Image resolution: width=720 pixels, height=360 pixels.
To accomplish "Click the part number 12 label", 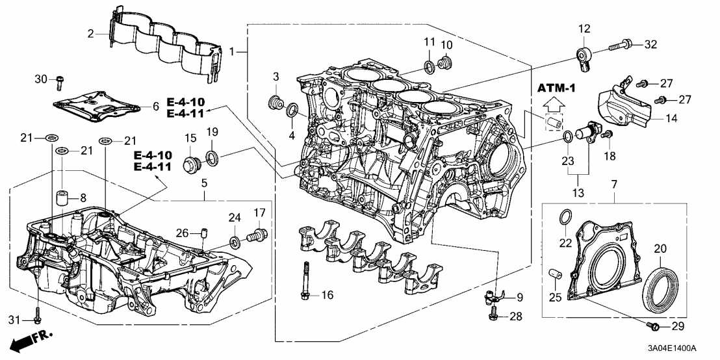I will coord(584,29).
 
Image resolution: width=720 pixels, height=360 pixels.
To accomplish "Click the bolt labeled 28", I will coord(494,316).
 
